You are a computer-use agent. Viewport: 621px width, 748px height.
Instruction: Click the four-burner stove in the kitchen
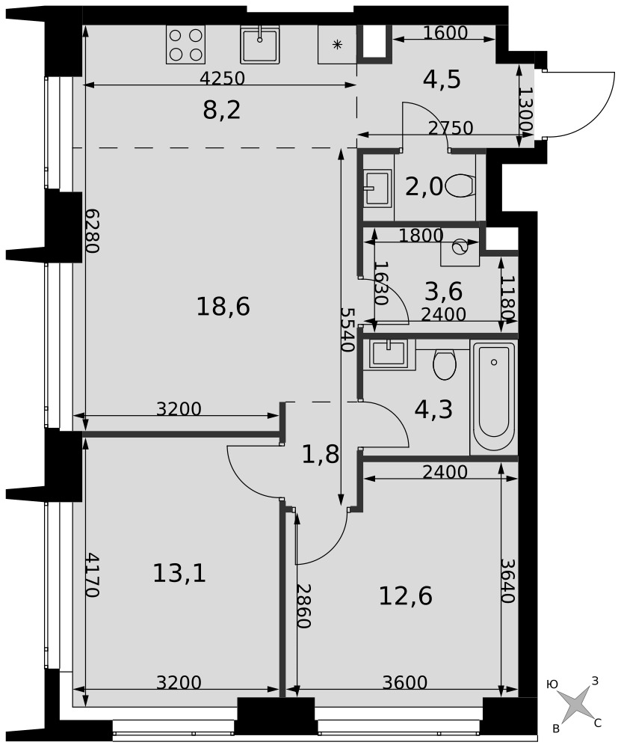point(185,44)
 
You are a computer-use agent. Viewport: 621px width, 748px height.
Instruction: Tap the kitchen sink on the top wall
point(259,44)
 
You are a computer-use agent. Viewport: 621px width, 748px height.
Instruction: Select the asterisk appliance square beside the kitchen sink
point(337,44)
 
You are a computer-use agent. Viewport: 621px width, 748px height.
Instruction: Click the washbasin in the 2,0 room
point(377,188)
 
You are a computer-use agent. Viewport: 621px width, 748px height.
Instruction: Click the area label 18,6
point(223,306)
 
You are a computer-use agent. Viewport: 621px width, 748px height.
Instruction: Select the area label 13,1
point(179,572)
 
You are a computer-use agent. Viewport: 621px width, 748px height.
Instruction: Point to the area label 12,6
point(406,595)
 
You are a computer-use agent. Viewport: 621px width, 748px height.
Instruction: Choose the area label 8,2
point(222,110)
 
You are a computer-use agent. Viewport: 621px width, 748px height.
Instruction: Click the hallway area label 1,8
point(321,455)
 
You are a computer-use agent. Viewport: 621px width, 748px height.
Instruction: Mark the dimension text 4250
point(222,78)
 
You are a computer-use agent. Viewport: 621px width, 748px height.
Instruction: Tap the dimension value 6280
point(93,231)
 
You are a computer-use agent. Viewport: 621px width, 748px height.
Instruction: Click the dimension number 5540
point(347,329)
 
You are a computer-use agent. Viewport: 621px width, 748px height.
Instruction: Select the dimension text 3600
point(405,683)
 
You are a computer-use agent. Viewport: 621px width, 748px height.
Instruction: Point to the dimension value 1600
point(445,32)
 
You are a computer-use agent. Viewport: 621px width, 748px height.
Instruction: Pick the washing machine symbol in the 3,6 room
point(460,247)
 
